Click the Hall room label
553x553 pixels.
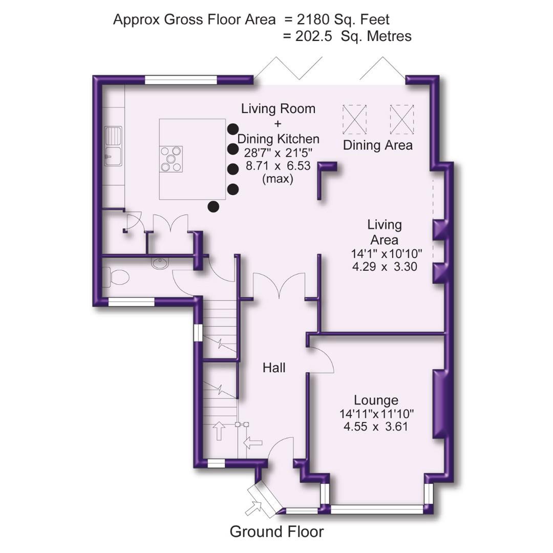click(274, 367)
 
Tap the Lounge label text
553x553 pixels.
click(376, 400)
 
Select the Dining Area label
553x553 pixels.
click(377, 145)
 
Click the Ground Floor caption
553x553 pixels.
click(276, 531)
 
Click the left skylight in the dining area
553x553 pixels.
click(354, 119)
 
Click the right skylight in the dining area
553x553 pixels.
click(401, 119)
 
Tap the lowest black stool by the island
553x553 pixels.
click(214, 206)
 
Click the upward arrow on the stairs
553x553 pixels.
click(219, 431)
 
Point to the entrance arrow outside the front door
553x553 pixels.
click(253, 508)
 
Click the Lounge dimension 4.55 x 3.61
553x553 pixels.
click(376, 426)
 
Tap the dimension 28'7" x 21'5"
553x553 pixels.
click(279, 152)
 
